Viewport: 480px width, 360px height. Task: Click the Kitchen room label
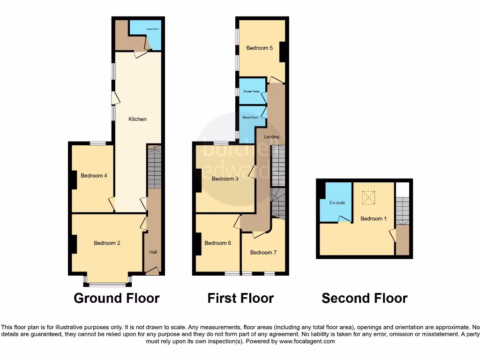click(137, 119)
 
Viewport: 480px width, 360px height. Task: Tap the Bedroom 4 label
click(94, 176)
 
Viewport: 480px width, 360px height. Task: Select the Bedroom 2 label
click(107, 243)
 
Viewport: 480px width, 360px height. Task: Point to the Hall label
click(153, 252)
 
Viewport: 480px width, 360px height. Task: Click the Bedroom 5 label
click(260, 48)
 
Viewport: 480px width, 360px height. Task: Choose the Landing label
click(271, 137)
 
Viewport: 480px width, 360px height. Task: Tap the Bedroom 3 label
click(225, 179)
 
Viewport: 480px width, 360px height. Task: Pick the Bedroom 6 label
click(217, 243)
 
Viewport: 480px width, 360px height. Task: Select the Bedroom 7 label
click(263, 253)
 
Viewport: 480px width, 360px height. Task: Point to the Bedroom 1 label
click(371, 218)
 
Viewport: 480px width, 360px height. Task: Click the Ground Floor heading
click(117, 298)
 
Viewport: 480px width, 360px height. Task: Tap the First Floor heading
click(240, 298)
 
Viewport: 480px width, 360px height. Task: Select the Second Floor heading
click(364, 298)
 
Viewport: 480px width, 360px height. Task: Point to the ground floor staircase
click(154, 167)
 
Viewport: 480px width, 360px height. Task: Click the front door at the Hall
click(152, 271)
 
